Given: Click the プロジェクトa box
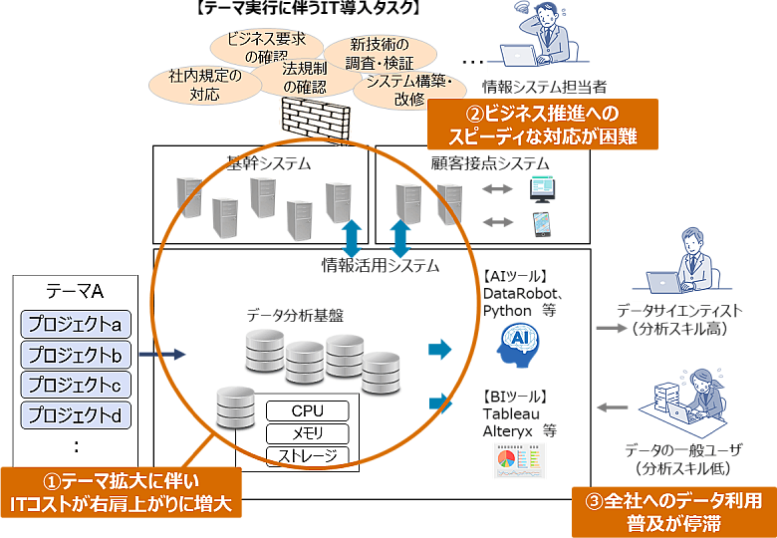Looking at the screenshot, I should click(76, 325).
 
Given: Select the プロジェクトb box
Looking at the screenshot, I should click(76, 355).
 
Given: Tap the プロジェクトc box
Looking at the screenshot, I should click(76, 385).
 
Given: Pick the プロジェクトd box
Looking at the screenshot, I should click(76, 414).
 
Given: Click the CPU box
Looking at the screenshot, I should click(308, 411).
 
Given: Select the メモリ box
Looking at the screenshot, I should click(308, 433).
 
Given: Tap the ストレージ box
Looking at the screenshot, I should click(308, 456).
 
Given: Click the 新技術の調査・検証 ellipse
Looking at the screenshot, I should click(380, 53).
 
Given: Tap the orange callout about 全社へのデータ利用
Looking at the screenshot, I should click(673, 511).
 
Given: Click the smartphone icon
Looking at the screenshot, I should click(542, 221).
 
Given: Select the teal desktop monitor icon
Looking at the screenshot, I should click(543, 187).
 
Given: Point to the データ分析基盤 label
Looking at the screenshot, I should click(295, 315).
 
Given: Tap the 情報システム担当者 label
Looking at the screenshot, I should click(544, 87).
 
